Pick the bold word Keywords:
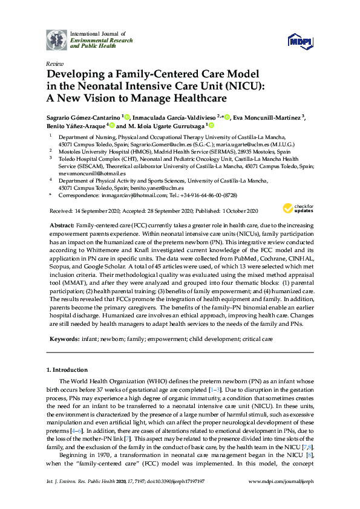pos(64,340)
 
